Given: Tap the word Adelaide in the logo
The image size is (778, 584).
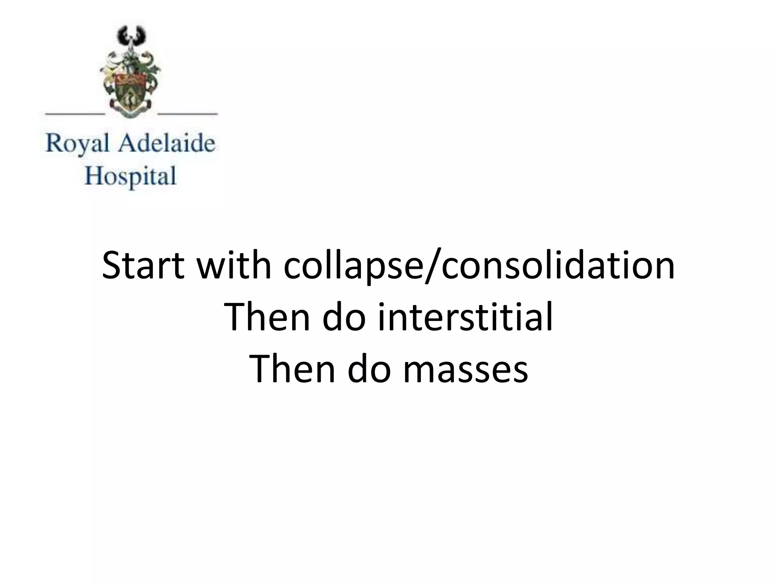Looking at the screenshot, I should tap(167, 144).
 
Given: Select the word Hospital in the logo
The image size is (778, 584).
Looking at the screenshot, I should tap(130, 176).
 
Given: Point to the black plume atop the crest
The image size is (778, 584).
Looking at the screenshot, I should tap(131, 36).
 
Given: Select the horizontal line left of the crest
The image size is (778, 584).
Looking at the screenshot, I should tap(75, 113).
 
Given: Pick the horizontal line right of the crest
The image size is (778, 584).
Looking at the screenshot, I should tap(187, 113).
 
